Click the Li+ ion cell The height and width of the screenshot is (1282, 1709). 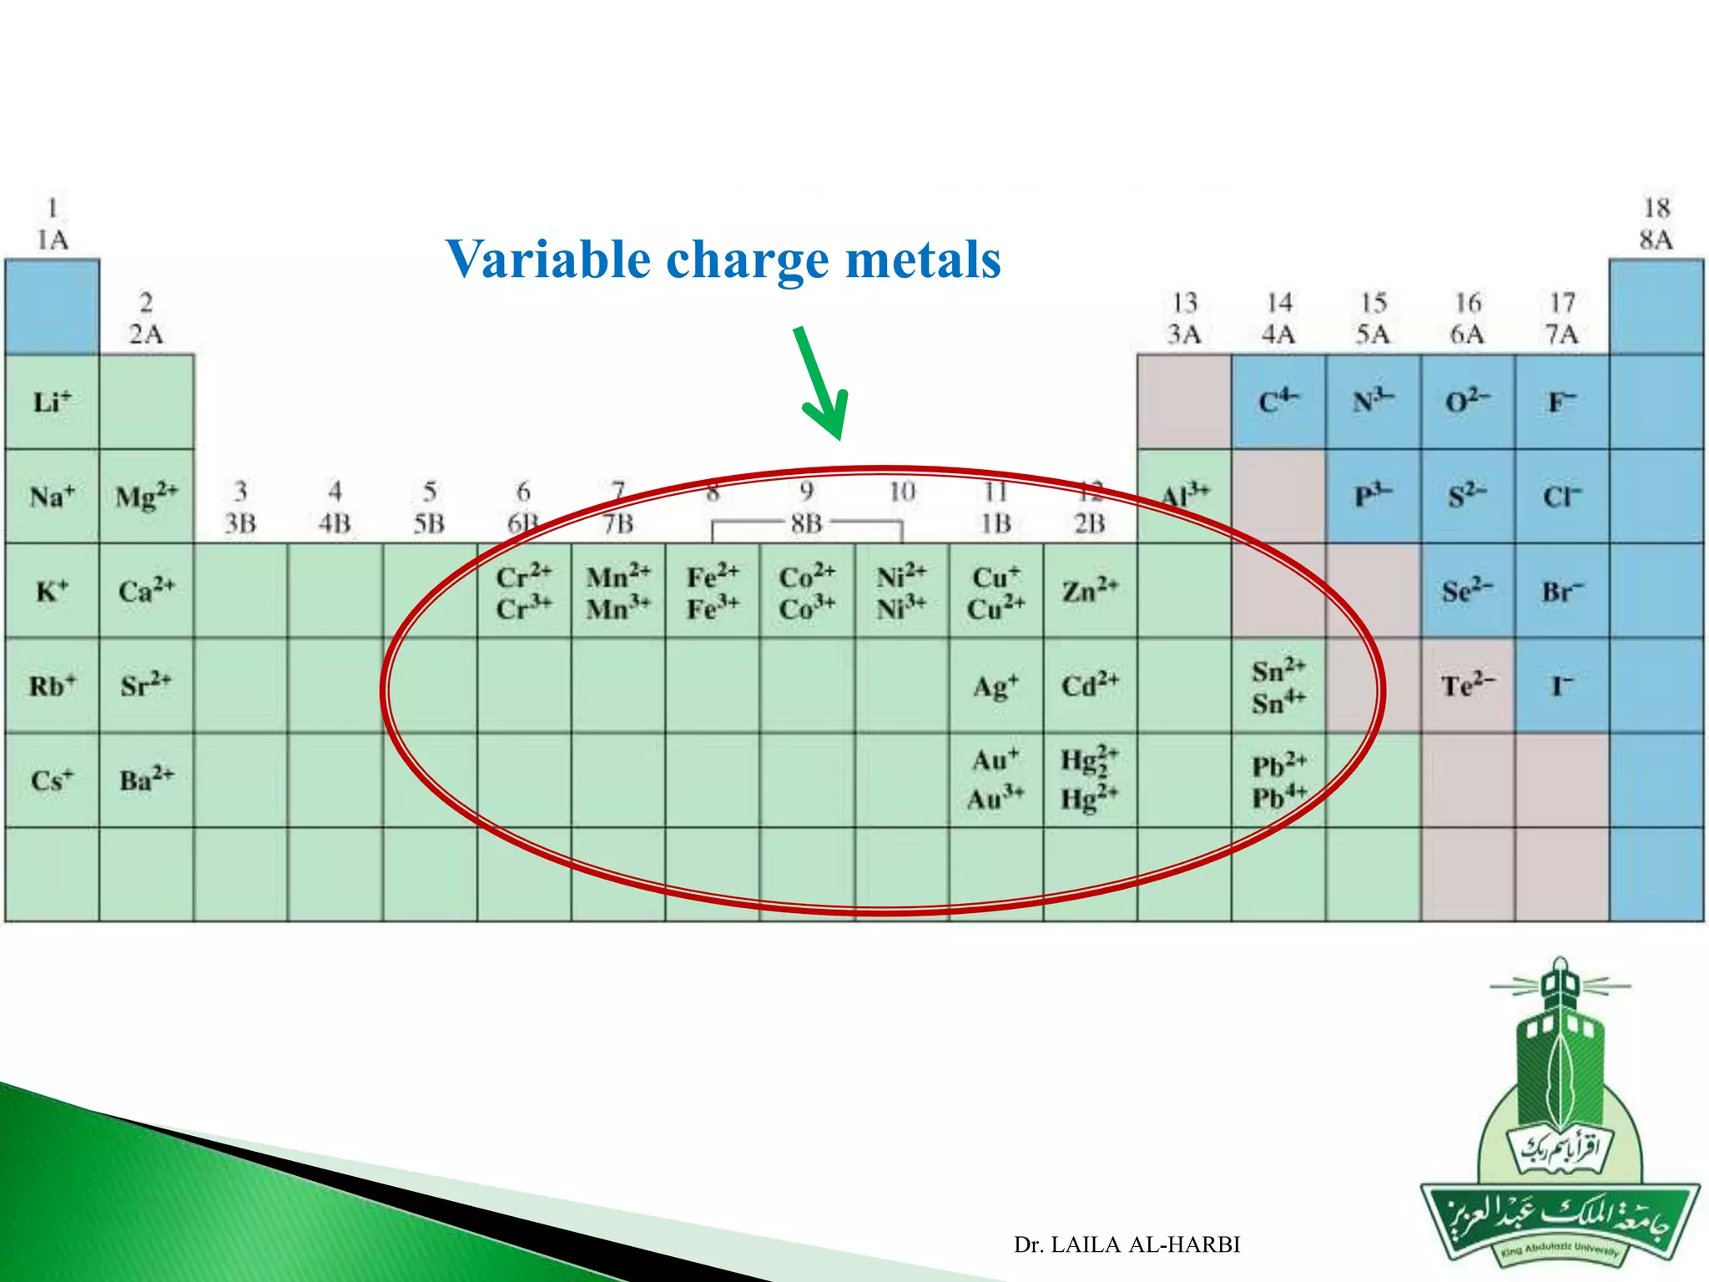(52, 402)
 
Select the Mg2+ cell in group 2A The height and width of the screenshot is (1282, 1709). (146, 497)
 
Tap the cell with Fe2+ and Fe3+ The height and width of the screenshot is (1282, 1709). (713, 592)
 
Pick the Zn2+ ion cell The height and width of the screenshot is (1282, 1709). (1090, 592)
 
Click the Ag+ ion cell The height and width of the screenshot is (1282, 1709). (996, 686)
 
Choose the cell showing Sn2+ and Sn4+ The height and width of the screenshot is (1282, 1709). (1278, 686)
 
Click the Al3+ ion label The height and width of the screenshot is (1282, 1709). (1184, 496)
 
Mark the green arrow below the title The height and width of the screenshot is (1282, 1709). (823, 384)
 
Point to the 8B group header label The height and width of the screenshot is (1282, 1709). (806, 523)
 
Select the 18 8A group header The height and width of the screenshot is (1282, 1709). (1656, 224)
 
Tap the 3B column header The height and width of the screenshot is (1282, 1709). (240, 507)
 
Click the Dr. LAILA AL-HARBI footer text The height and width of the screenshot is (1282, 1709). (1127, 1244)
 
